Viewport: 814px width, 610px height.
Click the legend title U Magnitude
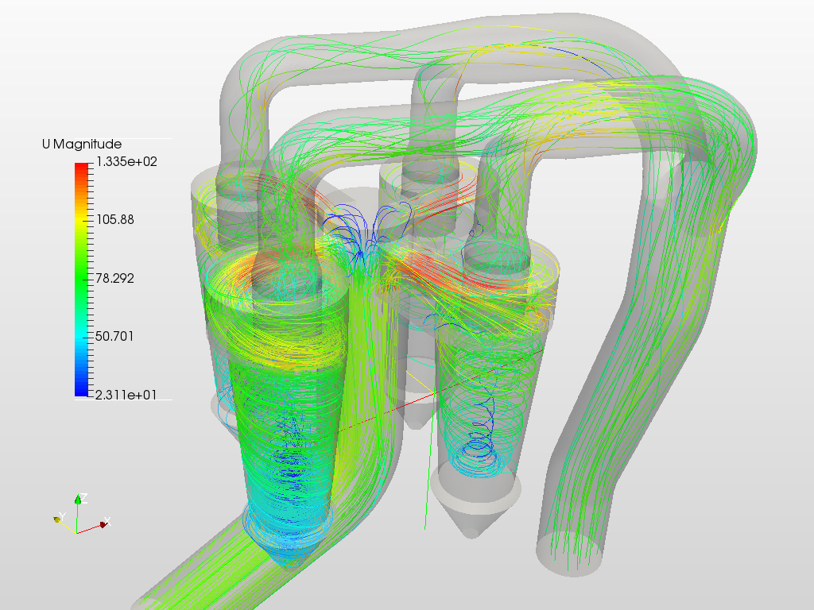[82, 144]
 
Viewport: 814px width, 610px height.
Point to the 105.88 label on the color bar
[114, 220]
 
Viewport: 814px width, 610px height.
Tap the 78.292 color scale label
[114, 278]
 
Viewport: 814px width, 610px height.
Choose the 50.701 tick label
[114, 336]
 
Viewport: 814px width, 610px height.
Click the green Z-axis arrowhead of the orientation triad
[78, 500]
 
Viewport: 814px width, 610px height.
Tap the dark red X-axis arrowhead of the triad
[103, 525]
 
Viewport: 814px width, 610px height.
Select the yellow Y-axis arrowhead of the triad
[58, 519]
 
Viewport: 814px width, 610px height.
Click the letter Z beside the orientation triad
[83, 496]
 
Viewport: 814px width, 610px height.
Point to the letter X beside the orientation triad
[108, 520]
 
